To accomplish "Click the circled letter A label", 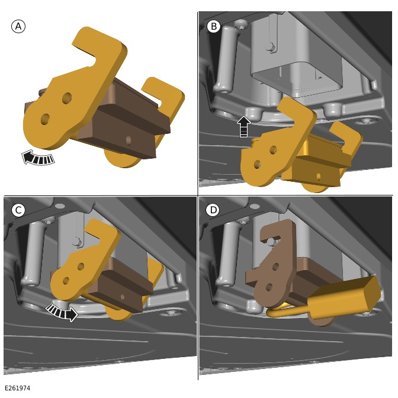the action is (18, 27).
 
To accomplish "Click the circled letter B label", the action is (214, 26).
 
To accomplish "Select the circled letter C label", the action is (18, 210).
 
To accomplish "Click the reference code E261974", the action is (18, 388).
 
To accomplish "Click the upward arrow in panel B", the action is (243, 126).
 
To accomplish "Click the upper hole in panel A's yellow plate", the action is (67, 97).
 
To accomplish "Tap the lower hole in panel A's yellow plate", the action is (45, 119).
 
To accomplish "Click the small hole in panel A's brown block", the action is (129, 140).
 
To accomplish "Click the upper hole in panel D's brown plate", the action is (275, 267).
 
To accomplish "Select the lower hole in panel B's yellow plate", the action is (257, 164).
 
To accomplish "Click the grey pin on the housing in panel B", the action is (271, 47).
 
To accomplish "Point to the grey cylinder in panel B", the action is (226, 59).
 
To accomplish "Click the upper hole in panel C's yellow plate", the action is (81, 267).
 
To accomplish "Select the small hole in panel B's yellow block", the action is (319, 176).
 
